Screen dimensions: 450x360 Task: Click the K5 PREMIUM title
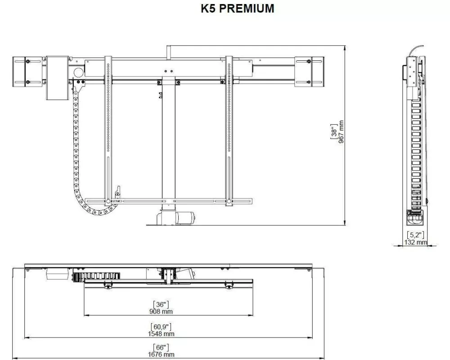pyautogui.click(x=237, y=9)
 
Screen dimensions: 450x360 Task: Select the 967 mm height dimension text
pyautogui.click(x=341, y=132)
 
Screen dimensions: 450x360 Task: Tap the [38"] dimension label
pyautogui.click(x=334, y=132)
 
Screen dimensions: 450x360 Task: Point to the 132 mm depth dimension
pyautogui.click(x=416, y=242)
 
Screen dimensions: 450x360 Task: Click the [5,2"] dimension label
pyautogui.click(x=415, y=235)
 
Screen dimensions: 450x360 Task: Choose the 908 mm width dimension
pyautogui.click(x=161, y=311)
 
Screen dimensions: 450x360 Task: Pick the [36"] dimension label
pyautogui.click(x=161, y=304)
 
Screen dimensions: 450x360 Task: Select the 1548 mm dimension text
pyautogui.click(x=161, y=333)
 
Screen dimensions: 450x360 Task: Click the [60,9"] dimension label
pyautogui.click(x=161, y=327)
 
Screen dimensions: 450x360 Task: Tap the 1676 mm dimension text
pyautogui.click(x=161, y=355)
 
